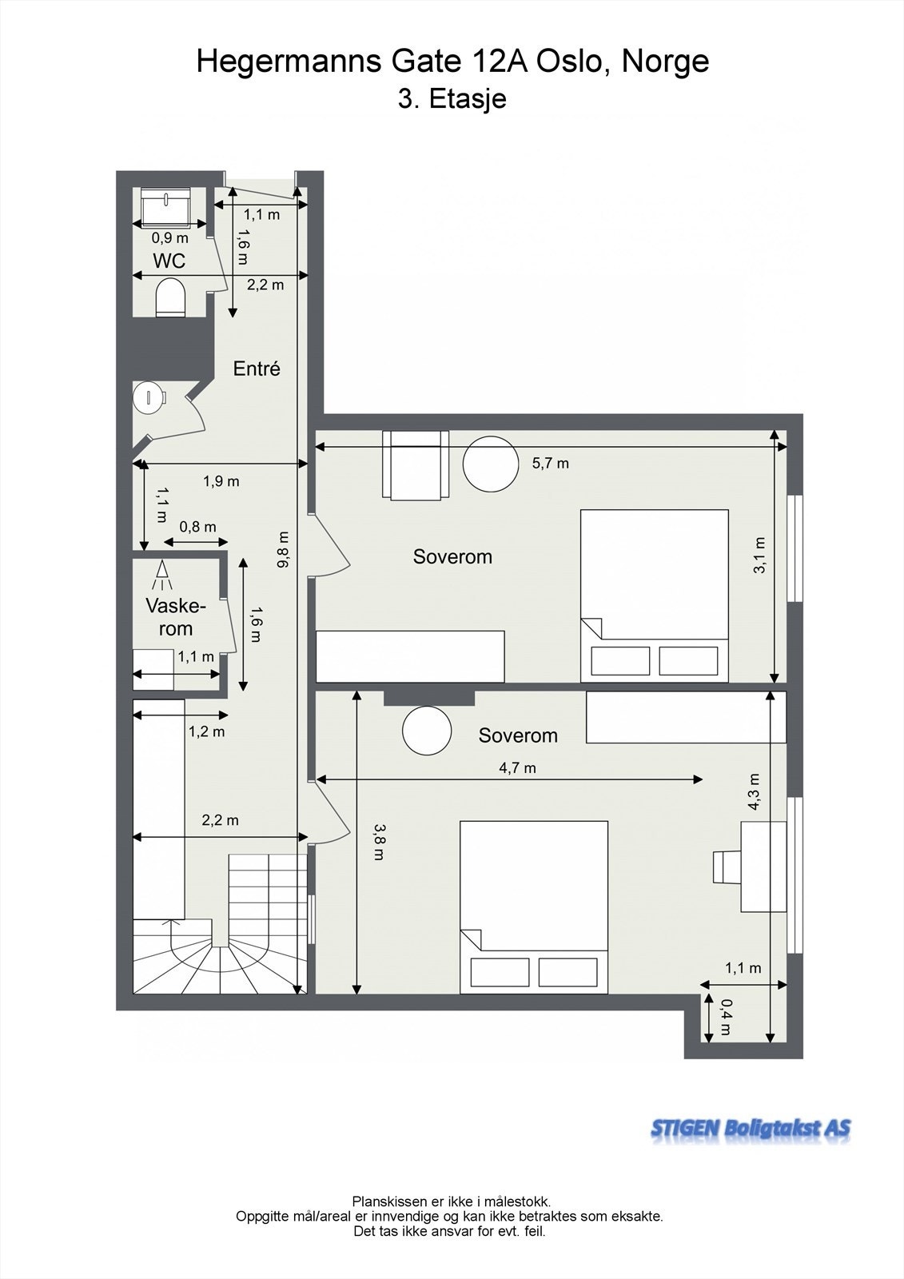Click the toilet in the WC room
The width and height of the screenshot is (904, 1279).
pos(171,297)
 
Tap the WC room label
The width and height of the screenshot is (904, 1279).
pos(169,261)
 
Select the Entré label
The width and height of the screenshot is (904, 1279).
pos(257,369)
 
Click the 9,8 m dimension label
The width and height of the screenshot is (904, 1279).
pos(282,550)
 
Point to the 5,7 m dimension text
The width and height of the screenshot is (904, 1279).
pos(551,463)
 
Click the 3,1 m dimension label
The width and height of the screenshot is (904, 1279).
pos(759,555)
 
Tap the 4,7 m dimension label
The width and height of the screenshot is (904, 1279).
pos(517,768)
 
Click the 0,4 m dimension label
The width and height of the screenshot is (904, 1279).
pos(726,1017)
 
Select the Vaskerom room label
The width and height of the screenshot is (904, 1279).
pos(175,617)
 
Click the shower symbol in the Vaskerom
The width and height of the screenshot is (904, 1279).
pos(162,575)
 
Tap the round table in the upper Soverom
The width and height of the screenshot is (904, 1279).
pos(490,462)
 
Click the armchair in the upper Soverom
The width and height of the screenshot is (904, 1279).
pos(415,465)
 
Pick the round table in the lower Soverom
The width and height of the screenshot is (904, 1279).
pos(427,731)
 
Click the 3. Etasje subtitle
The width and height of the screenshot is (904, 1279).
pos(452,98)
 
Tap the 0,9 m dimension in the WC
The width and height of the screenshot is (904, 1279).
pos(169,237)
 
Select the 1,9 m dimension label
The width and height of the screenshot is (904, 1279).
pos(221,481)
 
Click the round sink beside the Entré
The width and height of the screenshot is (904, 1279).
pos(149,398)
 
